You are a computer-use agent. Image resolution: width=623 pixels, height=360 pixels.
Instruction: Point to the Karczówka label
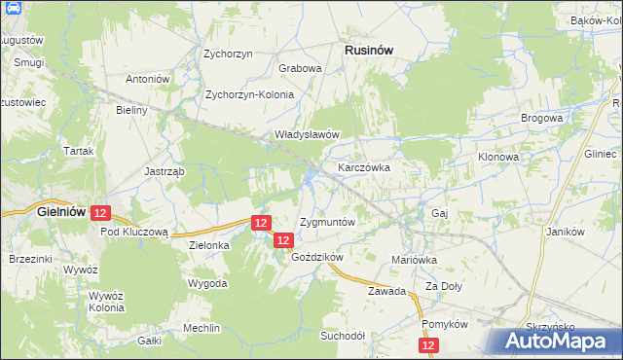(x=364, y=167)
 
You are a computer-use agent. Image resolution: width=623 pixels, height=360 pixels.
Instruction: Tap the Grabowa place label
(x=300, y=69)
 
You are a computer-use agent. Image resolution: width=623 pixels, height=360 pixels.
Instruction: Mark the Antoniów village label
(x=149, y=79)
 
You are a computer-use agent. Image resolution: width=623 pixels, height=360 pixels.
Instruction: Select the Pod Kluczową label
(x=135, y=233)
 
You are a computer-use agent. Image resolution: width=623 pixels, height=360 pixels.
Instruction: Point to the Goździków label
(x=318, y=257)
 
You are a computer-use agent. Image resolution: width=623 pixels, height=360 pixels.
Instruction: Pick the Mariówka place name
(x=414, y=260)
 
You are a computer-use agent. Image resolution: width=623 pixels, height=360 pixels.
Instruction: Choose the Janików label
(x=565, y=232)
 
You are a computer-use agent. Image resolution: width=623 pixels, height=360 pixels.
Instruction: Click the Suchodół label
(x=343, y=335)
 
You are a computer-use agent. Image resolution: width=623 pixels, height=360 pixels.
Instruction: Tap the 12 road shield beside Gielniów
(x=102, y=212)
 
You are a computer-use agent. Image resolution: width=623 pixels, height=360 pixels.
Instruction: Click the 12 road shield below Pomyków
(x=429, y=345)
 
